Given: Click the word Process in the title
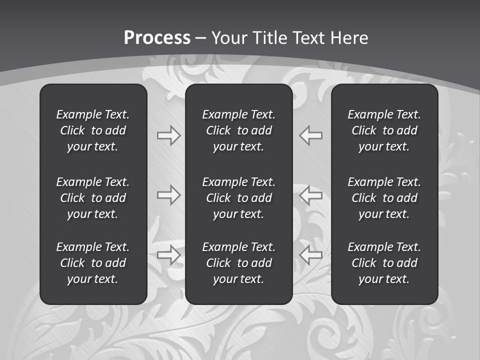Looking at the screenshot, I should coord(157,38).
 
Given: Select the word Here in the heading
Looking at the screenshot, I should coord(349,38).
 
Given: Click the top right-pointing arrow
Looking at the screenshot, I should coord(168,135).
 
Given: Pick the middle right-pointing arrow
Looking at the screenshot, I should coord(168,195).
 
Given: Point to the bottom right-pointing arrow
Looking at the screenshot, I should coord(168,255).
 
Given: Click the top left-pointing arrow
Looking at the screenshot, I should coord(311,135).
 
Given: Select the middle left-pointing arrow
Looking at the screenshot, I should coord(311,195).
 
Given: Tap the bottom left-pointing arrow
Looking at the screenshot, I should coord(311,255).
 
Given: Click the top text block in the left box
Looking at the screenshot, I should coord(93,130).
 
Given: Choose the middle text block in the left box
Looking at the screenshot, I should coord(93,198).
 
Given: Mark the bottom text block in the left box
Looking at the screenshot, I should coord(93,263).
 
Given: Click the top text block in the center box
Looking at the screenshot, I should coord(238,130).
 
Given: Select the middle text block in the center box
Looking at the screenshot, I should coord(238,198).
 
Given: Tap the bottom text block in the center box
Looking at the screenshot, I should coord(238,263).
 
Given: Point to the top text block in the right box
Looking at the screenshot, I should coord(384,130).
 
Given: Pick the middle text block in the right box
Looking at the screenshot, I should coord(384,198).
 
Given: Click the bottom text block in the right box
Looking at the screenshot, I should coord(384,263).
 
